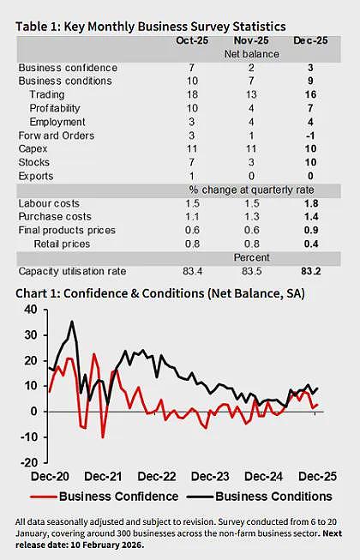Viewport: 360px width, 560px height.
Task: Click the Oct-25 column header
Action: click(x=192, y=40)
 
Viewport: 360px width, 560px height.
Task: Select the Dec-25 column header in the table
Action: click(x=310, y=40)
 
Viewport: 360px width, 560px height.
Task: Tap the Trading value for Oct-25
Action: click(x=192, y=94)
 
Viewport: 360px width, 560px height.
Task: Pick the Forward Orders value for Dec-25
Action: click(x=310, y=135)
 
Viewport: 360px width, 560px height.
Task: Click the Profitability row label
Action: click(x=55, y=108)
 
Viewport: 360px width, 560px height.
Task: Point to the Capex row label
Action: click(x=33, y=149)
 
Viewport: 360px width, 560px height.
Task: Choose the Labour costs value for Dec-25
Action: click(x=311, y=203)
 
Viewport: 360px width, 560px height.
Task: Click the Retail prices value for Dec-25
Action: click(x=311, y=244)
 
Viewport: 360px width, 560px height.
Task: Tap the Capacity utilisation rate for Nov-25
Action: click(x=251, y=271)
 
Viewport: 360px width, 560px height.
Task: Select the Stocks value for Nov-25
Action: click(x=251, y=162)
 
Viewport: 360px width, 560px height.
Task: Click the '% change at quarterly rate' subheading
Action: click(x=251, y=190)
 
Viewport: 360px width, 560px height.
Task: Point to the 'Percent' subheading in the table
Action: click(x=251, y=257)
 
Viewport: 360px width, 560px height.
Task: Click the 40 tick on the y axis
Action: click(x=31, y=310)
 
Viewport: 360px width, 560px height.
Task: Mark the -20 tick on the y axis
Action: click(x=29, y=462)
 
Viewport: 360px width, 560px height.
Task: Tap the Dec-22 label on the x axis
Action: click(x=157, y=477)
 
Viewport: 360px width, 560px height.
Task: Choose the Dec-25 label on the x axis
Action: click(x=317, y=477)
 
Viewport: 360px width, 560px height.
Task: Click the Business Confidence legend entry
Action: click(x=105, y=497)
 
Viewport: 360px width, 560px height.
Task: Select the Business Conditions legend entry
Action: click(x=260, y=497)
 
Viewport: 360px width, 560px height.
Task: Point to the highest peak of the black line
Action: click(x=72, y=322)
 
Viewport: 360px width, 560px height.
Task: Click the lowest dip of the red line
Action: click(x=103, y=437)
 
